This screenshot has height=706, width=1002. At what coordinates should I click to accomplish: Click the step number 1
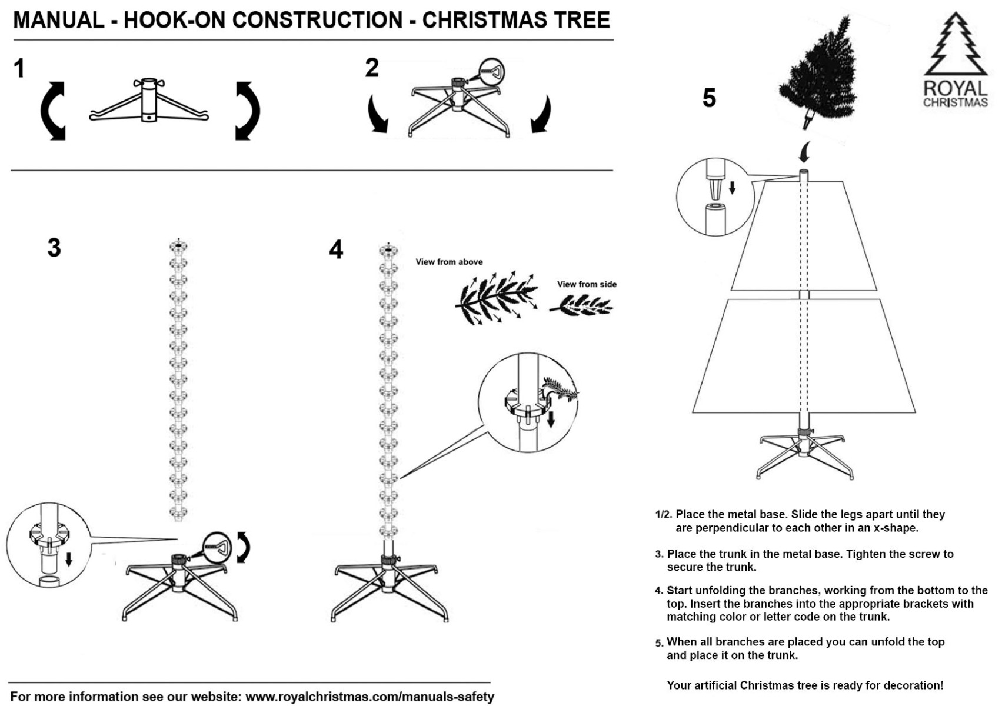tap(19, 68)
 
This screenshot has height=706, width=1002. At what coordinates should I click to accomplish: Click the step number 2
tap(371, 68)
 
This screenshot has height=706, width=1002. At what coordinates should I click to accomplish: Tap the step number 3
tap(54, 248)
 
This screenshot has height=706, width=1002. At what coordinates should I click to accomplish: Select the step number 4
tap(336, 249)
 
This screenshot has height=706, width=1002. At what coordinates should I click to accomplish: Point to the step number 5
tap(709, 98)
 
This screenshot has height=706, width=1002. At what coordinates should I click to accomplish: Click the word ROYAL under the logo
tap(955, 88)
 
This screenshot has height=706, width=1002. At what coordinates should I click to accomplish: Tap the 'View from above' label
tap(449, 262)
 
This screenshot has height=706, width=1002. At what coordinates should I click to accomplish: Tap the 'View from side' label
tap(587, 284)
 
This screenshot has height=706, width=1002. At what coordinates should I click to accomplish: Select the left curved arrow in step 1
tap(52, 111)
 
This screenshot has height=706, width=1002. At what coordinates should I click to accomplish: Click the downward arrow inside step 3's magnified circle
tap(69, 559)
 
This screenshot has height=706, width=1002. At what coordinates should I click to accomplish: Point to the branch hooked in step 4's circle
tap(561, 390)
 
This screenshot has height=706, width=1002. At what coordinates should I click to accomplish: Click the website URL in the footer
tap(369, 697)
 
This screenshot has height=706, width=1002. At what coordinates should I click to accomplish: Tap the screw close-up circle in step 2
tap(491, 72)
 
